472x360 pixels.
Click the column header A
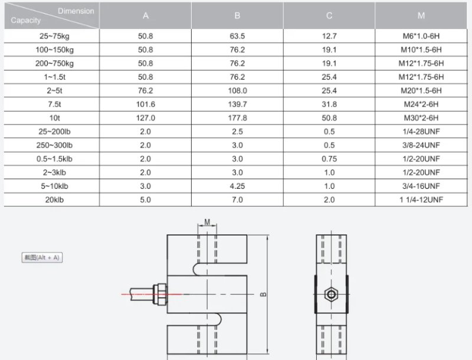146,16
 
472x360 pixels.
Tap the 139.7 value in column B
237,104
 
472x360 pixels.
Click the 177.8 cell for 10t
237,117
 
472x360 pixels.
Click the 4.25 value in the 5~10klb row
237,186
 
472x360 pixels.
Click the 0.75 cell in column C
329,159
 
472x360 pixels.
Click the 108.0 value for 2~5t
237,90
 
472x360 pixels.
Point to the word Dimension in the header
76,11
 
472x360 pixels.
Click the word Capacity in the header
26,21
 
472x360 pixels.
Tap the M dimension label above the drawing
207,222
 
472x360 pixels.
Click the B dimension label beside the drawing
263,293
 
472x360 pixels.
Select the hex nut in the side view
330,293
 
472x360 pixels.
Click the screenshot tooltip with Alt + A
42,258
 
